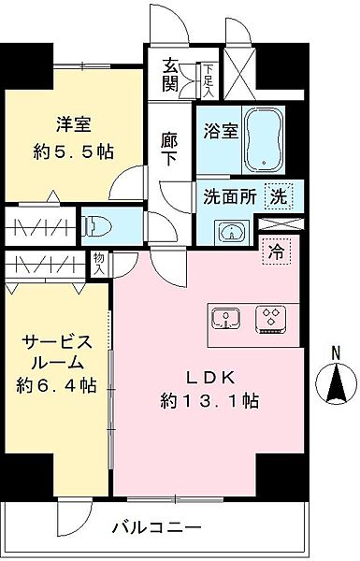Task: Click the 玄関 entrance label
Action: (x=171, y=78)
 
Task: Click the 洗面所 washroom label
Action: (x=230, y=197)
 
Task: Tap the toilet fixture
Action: (x=96, y=225)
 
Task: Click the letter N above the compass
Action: (x=332, y=352)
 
